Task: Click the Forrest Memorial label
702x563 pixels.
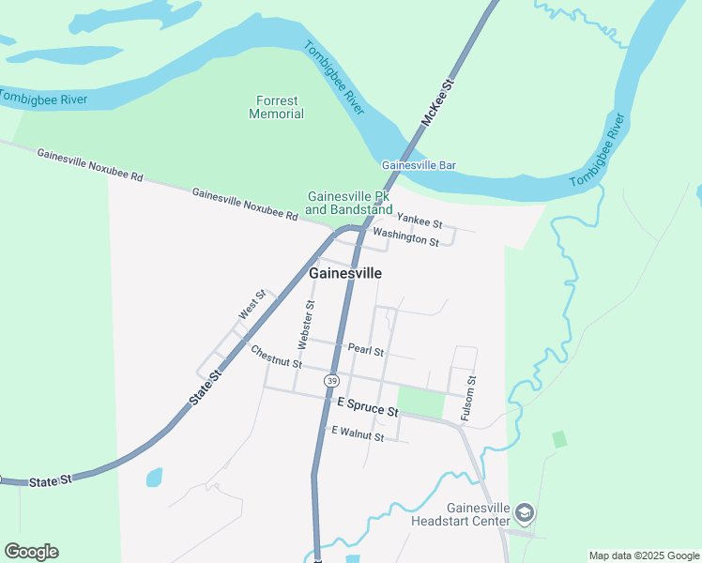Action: point(276,107)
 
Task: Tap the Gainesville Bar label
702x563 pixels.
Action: point(419,165)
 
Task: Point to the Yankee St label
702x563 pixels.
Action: point(420,221)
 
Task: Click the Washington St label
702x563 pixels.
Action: point(405,236)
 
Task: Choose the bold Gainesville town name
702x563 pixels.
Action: point(345,273)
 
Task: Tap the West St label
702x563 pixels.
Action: point(251,305)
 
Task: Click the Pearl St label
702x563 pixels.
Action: point(366,350)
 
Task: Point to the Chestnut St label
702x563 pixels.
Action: point(276,357)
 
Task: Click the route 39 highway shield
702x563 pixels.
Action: point(331,380)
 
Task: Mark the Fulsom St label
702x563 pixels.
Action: point(468,398)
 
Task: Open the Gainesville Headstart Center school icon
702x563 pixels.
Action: point(525,512)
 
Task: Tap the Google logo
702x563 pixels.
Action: point(31,552)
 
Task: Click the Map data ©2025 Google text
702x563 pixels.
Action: point(643,555)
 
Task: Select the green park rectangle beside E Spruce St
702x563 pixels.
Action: point(420,403)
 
